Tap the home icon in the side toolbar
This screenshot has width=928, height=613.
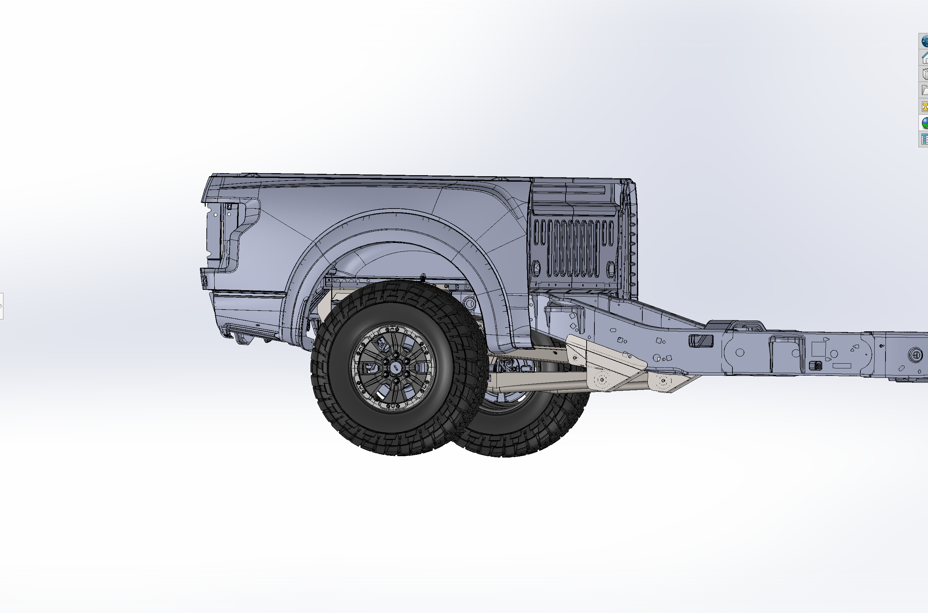[925, 58]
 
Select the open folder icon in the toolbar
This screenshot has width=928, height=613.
[925, 90]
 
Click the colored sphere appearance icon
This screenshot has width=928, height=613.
[925, 123]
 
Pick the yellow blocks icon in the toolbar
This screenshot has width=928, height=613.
[925, 106]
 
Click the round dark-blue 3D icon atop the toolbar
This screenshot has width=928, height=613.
[925, 41]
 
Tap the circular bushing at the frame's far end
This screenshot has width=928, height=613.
[915, 355]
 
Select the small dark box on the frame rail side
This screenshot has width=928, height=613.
[815, 366]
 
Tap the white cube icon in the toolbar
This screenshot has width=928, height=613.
[925, 74]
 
